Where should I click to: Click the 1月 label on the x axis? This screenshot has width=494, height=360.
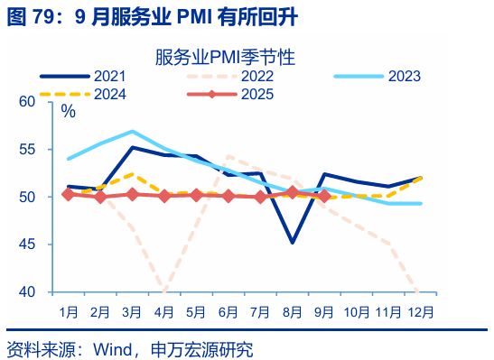tap(69, 311)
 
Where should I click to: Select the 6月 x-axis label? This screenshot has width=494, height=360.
tap(228, 311)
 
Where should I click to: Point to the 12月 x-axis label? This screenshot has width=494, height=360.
tap(421, 311)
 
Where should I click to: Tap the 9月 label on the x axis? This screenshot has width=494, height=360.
tap(325, 311)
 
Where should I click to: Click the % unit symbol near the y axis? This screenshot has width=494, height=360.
tap(68, 112)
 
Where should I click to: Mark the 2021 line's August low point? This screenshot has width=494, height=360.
tap(293, 242)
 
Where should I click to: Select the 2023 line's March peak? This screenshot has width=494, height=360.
tap(132, 132)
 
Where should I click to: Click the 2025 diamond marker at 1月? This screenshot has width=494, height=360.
tap(68, 194)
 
